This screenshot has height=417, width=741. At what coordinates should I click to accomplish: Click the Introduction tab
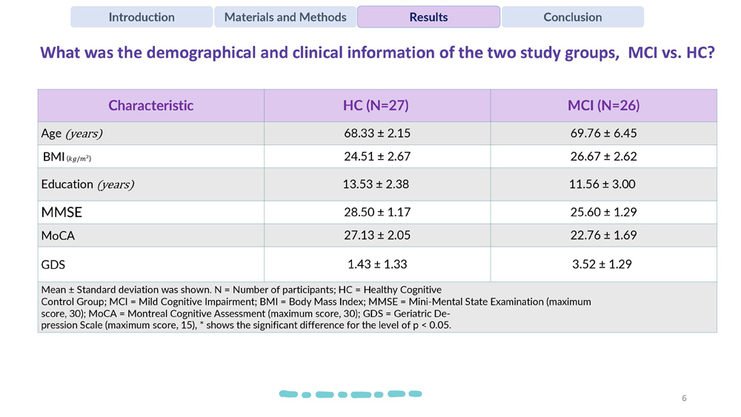(x=142, y=17)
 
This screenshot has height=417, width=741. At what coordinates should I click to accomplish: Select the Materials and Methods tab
(x=285, y=17)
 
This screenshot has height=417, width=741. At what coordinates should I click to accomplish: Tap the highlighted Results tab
(x=428, y=17)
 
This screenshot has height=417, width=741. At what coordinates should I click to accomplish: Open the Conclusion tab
(x=572, y=17)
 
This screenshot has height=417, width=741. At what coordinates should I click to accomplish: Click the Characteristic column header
(x=150, y=105)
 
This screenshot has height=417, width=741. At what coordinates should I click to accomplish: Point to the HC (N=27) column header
(x=376, y=105)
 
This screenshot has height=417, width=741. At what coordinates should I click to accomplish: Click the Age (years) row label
(x=72, y=133)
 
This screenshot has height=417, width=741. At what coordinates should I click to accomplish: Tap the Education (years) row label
(x=87, y=184)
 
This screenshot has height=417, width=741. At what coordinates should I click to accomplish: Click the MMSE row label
(x=62, y=212)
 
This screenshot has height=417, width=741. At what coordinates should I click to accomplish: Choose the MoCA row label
(x=58, y=236)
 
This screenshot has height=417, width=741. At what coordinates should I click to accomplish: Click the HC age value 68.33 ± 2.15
(x=376, y=133)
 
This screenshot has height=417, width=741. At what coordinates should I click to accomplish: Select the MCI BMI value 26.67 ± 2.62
(x=604, y=156)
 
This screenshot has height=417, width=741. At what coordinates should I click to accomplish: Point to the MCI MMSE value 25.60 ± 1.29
(x=604, y=212)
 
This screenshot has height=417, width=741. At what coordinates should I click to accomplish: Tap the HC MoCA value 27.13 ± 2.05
(x=376, y=236)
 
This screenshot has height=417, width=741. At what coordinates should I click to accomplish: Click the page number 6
(x=684, y=398)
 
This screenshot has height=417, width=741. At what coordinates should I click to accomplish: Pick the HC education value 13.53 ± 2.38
(x=376, y=184)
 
